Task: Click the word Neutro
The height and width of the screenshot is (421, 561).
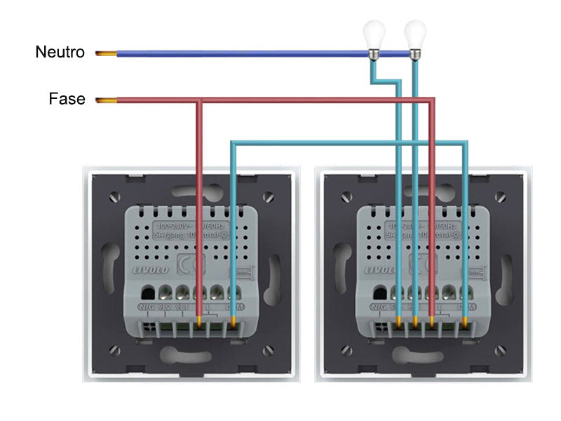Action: pos(60,52)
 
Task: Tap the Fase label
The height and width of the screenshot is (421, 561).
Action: pos(67,99)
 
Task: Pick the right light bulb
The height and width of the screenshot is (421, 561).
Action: pos(415,35)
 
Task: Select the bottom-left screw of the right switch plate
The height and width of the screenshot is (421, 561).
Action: pos(346,350)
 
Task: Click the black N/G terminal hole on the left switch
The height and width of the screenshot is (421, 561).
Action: pos(148,293)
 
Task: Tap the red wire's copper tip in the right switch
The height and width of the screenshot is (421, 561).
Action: pos(432,323)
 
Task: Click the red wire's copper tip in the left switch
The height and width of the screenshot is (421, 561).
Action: pos(200,323)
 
